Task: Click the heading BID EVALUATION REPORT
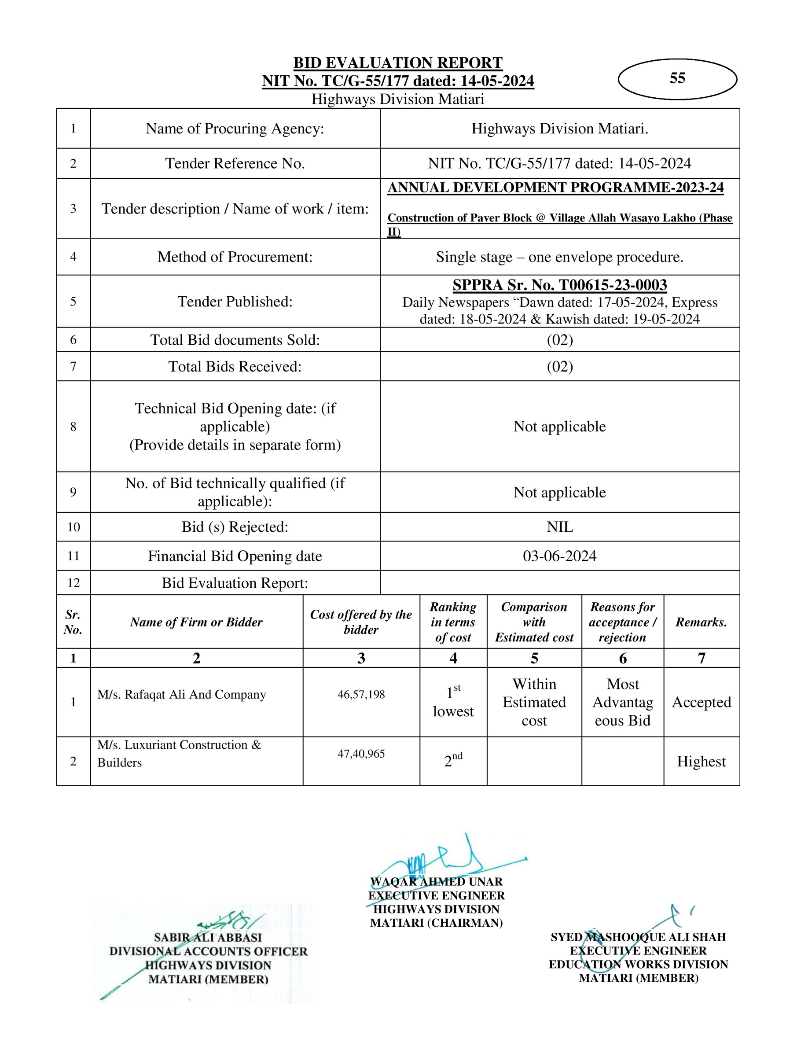point(398,63)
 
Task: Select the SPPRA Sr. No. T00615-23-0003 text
point(559,285)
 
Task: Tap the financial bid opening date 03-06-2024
point(559,556)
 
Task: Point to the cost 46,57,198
point(361,694)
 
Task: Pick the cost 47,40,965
point(361,753)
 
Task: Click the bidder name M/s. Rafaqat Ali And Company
point(181,694)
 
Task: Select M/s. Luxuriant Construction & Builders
point(179,753)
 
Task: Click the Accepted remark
point(701,702)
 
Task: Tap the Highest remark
point(701,762)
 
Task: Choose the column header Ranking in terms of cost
point(453,622)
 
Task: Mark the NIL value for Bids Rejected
point(559,527)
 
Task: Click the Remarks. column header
point(701,622)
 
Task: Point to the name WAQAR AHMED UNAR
point(436,882)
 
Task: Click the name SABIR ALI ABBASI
point(208,937)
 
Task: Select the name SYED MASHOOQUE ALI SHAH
point(638,937)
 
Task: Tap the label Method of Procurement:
point(235,257)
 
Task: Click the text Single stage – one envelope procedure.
point(559,257)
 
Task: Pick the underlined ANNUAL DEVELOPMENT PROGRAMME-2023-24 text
point(555,188)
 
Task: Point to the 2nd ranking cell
point(453,760)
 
